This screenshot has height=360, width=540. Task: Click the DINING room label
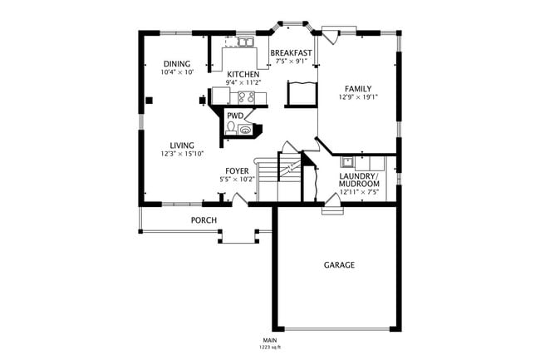coord(176,64)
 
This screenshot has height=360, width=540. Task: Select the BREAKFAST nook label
coord(291,53)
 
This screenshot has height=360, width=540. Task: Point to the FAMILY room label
coord(358,89)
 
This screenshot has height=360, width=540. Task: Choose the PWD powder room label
coord(235,116)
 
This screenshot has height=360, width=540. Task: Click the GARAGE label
coord(339,265)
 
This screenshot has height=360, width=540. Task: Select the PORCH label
coord(204,220)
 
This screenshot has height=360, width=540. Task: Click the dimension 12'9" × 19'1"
coord(358,98)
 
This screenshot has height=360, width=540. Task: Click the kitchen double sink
coord(246,42)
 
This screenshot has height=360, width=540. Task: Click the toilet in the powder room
coord(231,129)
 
